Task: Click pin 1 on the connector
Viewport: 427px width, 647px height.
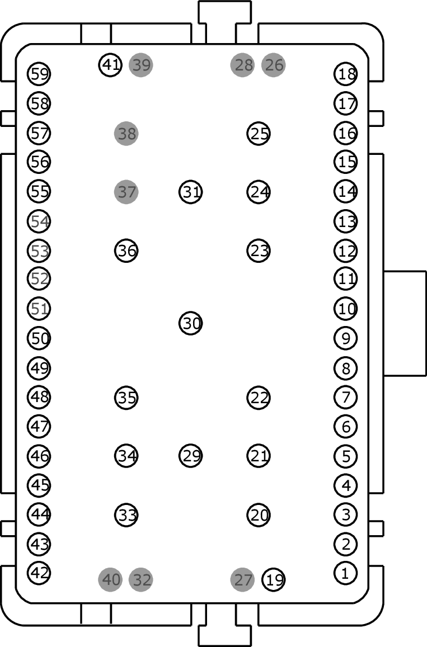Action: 345,573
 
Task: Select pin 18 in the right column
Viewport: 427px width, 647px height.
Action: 345,74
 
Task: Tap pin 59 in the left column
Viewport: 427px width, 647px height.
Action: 39,74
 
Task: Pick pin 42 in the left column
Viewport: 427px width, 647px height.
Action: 39,573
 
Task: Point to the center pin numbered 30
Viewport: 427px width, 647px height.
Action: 191,323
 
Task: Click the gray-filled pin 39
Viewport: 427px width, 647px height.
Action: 141,65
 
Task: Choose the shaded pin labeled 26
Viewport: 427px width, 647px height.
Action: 273,65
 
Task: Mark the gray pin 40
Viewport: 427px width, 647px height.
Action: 111,579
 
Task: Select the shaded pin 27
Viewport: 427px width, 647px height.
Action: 242,579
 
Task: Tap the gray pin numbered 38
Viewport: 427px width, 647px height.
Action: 126,133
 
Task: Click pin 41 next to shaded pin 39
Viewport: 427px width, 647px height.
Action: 111,65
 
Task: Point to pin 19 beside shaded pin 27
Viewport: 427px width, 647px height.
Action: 274,580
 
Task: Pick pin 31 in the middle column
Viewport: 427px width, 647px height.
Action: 191,192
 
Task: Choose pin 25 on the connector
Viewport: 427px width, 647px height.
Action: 259,133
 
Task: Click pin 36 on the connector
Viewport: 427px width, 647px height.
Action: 126,251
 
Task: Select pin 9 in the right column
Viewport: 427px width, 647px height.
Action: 345,338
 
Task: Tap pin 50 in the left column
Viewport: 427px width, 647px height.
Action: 39,338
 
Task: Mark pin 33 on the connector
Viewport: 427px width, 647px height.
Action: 126,514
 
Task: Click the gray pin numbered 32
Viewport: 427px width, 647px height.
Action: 141,579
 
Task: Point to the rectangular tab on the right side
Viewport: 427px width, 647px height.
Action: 405,323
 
